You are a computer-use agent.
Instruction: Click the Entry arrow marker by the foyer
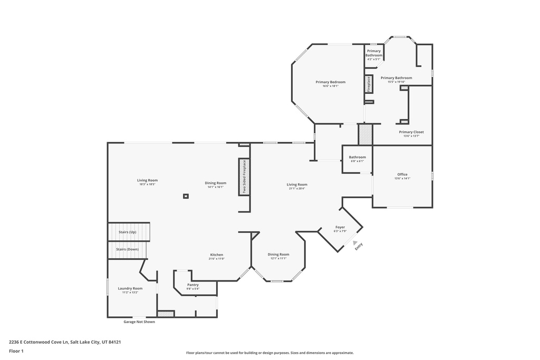[x=354, y=243]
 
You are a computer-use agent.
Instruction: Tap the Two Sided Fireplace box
[x=244, y=177]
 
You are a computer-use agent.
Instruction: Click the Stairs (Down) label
[x=128, y=249]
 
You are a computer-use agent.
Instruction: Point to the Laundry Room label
[x=130, y=288]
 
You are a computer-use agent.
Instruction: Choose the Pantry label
[x=193, y=285]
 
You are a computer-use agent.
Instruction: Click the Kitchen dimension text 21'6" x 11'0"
[x=216, y=259]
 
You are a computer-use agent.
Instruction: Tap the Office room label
[x=402, y=174]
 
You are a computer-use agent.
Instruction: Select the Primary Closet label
[x=411, y=132]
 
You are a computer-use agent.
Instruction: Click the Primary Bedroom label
[x=331, y=82]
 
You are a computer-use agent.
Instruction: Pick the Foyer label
[x=340, y=227]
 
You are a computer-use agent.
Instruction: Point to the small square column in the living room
[x=186, y=196]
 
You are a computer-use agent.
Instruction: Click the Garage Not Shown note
[x=139, y=322]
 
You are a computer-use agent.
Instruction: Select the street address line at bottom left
[x=65, y=342]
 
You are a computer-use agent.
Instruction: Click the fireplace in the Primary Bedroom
[x=369, y=84]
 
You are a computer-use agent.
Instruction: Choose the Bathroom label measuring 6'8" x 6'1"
[x=357, y=157]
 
